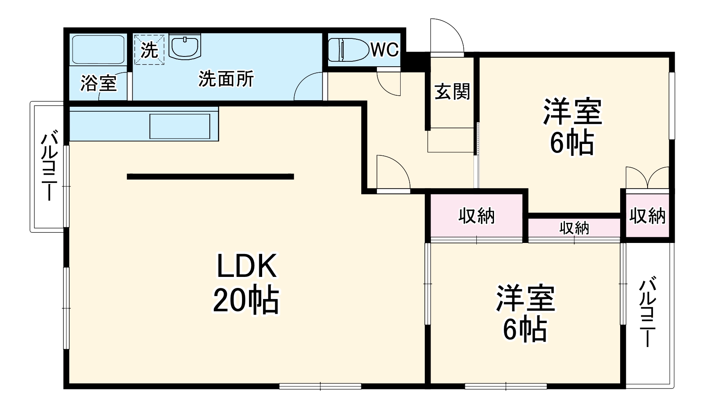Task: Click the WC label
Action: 385,50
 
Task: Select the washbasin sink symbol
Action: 185,47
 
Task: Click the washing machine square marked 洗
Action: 150,50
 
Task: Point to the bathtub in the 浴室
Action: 98,49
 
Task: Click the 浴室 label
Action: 99,83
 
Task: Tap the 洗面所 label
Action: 226,79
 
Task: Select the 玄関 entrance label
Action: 452,91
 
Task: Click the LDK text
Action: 247,266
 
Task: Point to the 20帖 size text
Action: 246,301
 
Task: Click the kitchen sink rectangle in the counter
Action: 180,126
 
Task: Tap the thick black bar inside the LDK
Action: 210,177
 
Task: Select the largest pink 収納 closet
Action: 476,216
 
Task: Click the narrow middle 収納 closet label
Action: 574,228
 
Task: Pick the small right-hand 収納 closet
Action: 647,216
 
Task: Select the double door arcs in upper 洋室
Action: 647,178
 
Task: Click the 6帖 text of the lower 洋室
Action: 525,329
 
